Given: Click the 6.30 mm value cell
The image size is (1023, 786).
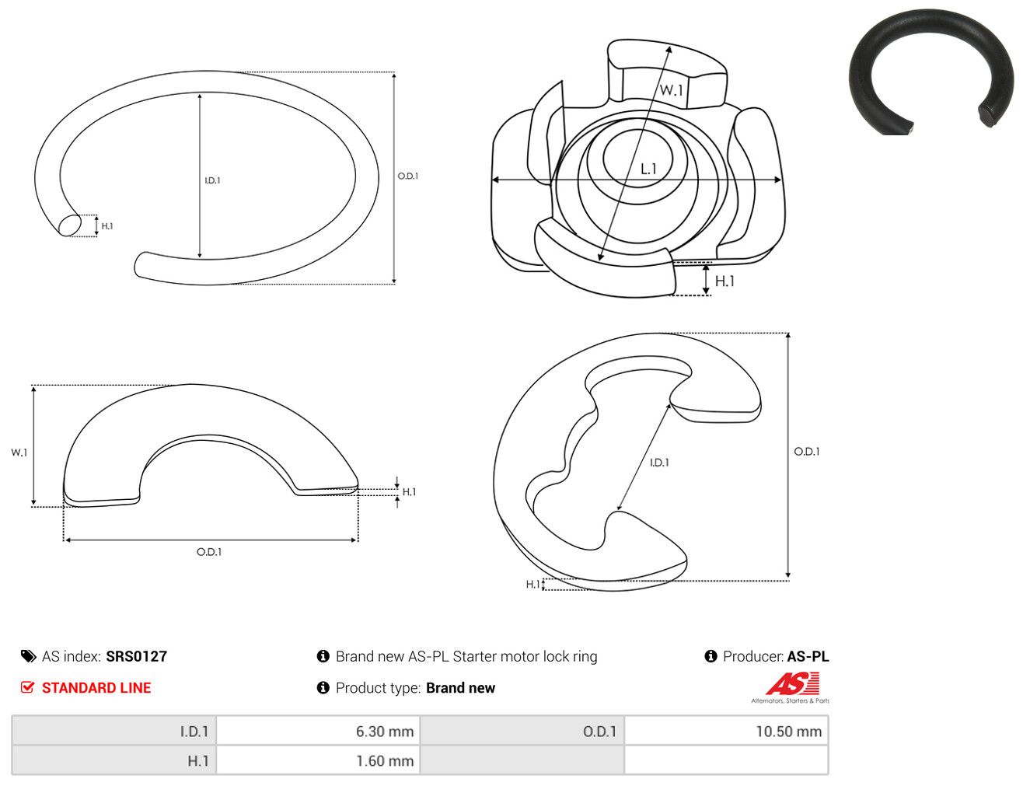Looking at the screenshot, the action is (x=318, y=731).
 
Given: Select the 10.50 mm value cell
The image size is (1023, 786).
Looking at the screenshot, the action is (x=726, y=731).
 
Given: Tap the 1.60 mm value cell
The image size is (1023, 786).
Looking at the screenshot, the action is (x=318, y=760).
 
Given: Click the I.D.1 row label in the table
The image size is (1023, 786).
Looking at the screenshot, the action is (x=114, y=731).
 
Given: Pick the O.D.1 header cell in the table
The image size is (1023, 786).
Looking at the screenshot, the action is (x=522, y=731).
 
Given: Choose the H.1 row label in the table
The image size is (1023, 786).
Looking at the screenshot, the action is (x=114, y=760).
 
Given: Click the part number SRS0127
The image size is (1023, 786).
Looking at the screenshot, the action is (x=137, y=656).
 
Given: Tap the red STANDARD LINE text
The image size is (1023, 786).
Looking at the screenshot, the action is (x=96, y=687).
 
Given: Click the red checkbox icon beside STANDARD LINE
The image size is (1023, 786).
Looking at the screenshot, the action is (x=28, y=687).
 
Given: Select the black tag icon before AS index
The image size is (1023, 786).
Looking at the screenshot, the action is (x=28, y=656).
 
